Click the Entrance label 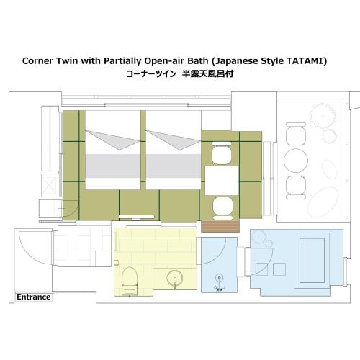[x=34, y=297]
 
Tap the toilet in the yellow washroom [x=130, y=281]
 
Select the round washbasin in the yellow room [x=175, y=279]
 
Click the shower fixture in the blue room [x=219, y=284]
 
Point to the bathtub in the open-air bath [x=312, y=260]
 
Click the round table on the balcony [x=296, y=161]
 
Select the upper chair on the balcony [x=296, y=134]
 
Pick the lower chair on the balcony [x=296, y=187]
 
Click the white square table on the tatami [x=222, y=181]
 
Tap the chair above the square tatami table [x=222, y=153]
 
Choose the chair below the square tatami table [x=222, y=208]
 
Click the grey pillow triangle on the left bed [x=112, y=140]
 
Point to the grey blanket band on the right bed [x=174, y=166]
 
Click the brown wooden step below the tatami [x=220, y=227]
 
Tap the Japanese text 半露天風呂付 [x=207, y=73]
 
